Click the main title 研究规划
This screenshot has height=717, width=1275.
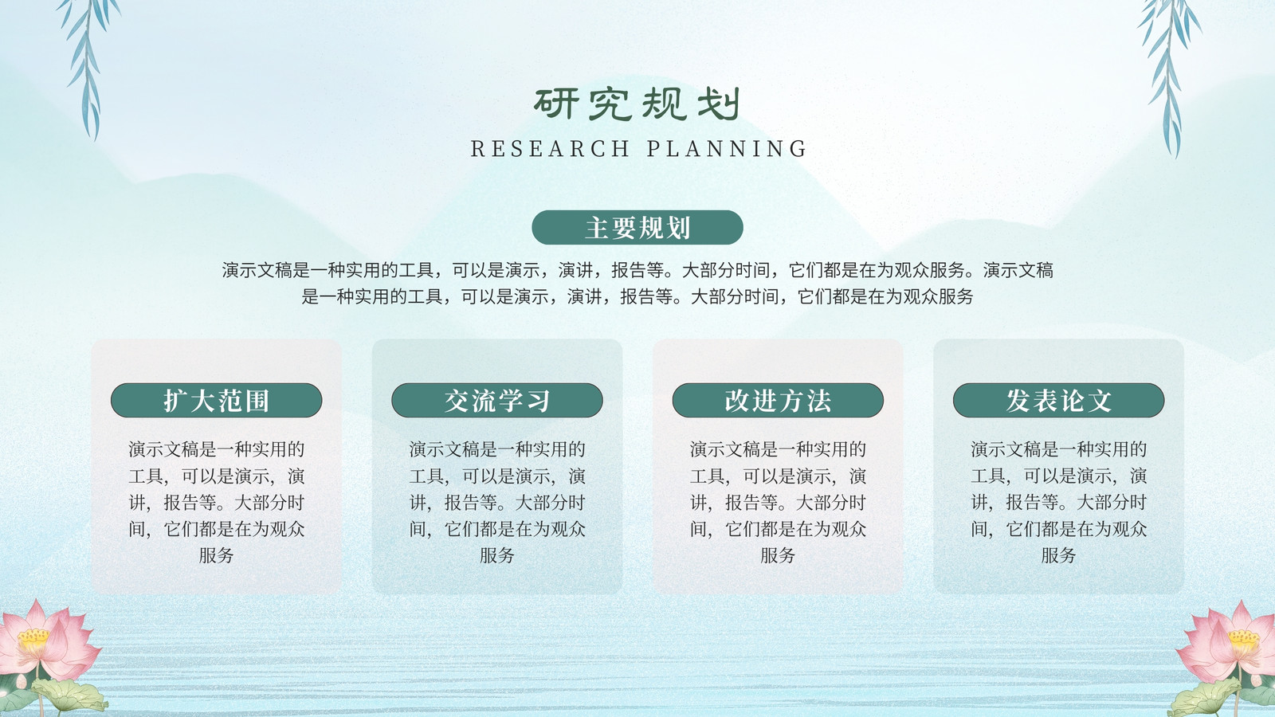(637, 104)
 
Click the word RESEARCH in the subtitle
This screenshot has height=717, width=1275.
(550, 148)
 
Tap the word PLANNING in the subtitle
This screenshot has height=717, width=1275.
(727, 148)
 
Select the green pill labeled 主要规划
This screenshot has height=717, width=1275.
(637, 228)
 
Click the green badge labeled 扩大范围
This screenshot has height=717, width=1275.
(216, 400)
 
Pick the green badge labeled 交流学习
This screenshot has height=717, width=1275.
(497, 400)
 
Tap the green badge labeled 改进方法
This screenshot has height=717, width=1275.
(778, 400)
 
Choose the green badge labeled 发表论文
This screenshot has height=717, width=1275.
(1059, 400)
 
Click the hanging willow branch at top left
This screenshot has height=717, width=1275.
(88, 63)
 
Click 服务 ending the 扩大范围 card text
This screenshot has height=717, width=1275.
(216, 555)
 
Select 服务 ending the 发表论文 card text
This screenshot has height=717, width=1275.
(1059, 555)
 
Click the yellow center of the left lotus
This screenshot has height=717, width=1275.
(33, 638)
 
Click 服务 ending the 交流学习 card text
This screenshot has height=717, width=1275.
(497, 555)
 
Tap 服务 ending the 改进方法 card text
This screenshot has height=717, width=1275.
(778, 555)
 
